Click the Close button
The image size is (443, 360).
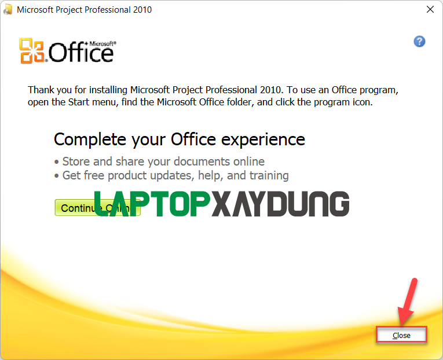tap(401, 335)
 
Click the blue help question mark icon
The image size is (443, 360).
tap(420, 41)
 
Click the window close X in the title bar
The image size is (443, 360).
tap(430, 9)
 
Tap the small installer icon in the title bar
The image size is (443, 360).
tap(8, 10)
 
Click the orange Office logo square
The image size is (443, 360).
tap(31, 50)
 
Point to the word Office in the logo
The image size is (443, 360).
tap(81, 53)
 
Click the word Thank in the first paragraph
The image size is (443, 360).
tap(41, 90)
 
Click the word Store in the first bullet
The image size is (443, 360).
tap(76, 161)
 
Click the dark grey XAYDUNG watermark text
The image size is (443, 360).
tap(280, 205)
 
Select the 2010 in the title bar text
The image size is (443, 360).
tap(142, 10)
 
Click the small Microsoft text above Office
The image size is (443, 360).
tap(102, 43)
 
